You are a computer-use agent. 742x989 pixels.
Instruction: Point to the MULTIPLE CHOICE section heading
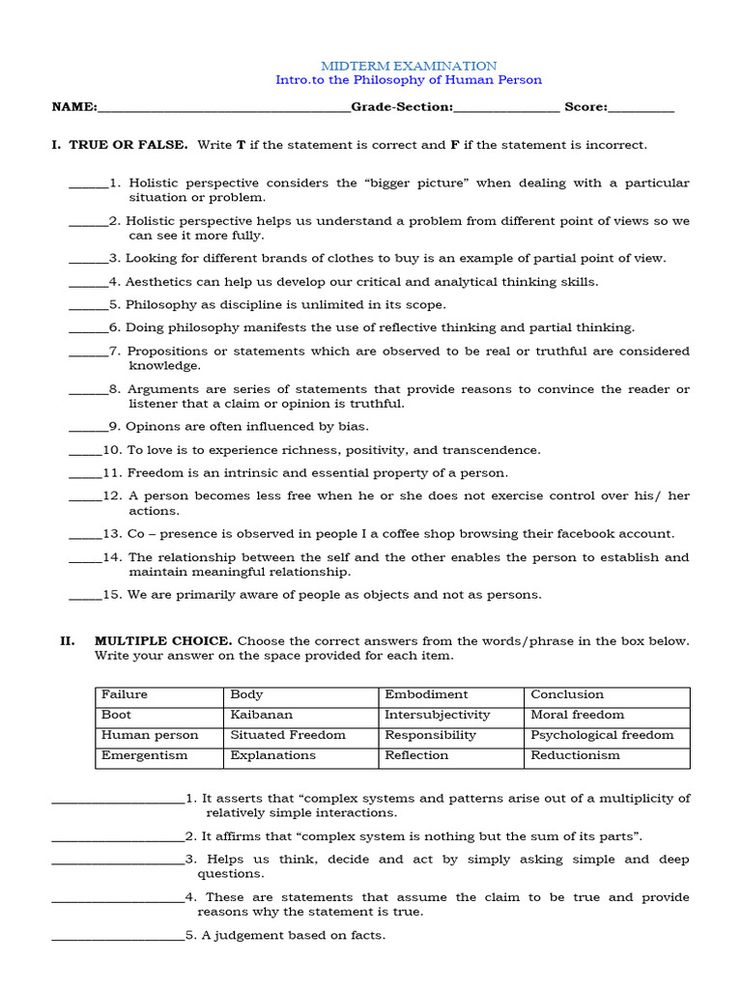pos(162,641)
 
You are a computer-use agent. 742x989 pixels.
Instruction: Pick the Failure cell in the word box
pos(125,694)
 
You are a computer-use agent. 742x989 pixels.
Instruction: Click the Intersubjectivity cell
pos(437,715)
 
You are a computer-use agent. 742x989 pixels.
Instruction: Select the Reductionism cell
pos(575,755)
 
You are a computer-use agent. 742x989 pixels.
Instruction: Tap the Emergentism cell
pos(144,755)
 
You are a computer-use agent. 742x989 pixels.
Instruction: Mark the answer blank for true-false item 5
pos(88,305)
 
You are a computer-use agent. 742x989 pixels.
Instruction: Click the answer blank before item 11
pos(84,474)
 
